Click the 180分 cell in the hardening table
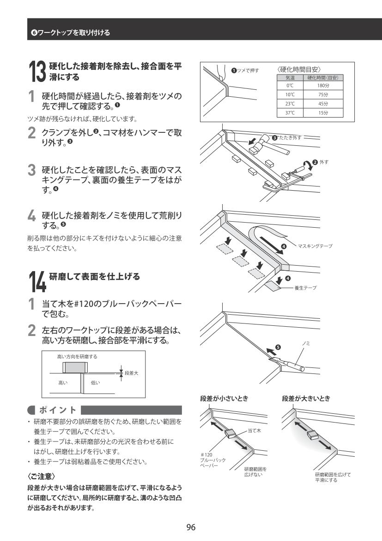[x=322, y=86]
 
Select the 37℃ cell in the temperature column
[x=290, y=112]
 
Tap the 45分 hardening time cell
[x=322, y=104]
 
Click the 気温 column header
[x=290, y=78]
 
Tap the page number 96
[x=191, y=527]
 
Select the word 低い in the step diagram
[x=95, y=383]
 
